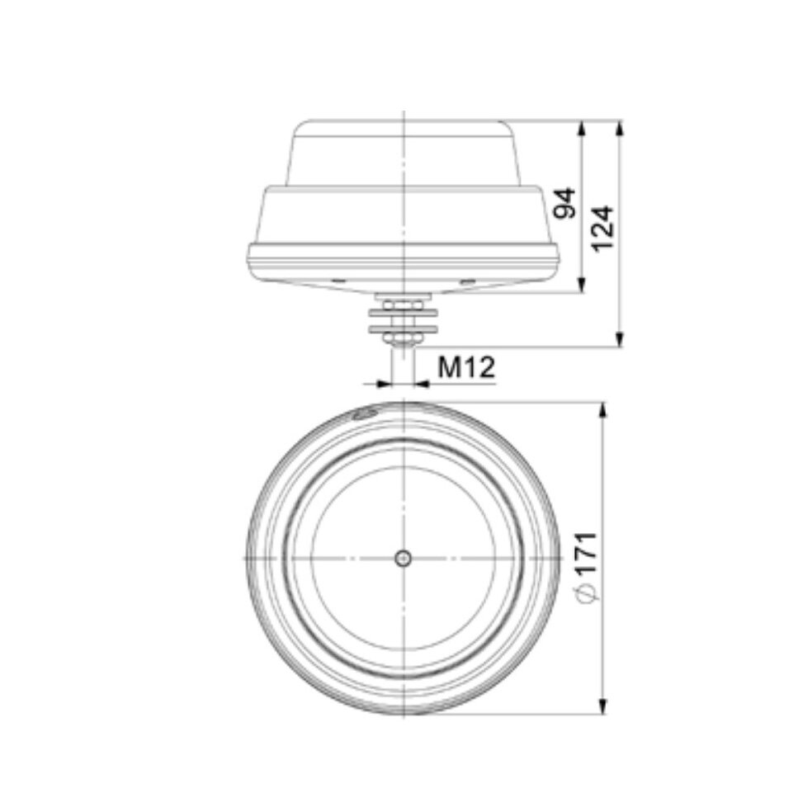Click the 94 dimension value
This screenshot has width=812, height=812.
[x=564, y=203]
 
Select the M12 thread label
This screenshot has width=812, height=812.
[x=465, y=367]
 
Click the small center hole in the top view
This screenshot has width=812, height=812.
[x=403, y=559]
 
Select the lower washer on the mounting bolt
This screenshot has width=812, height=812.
[x=403, y=329]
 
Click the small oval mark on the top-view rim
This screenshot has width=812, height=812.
[x=363, y=414]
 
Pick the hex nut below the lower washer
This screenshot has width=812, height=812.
[x=403, y=339]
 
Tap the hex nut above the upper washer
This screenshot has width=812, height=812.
[x=403, y=304]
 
